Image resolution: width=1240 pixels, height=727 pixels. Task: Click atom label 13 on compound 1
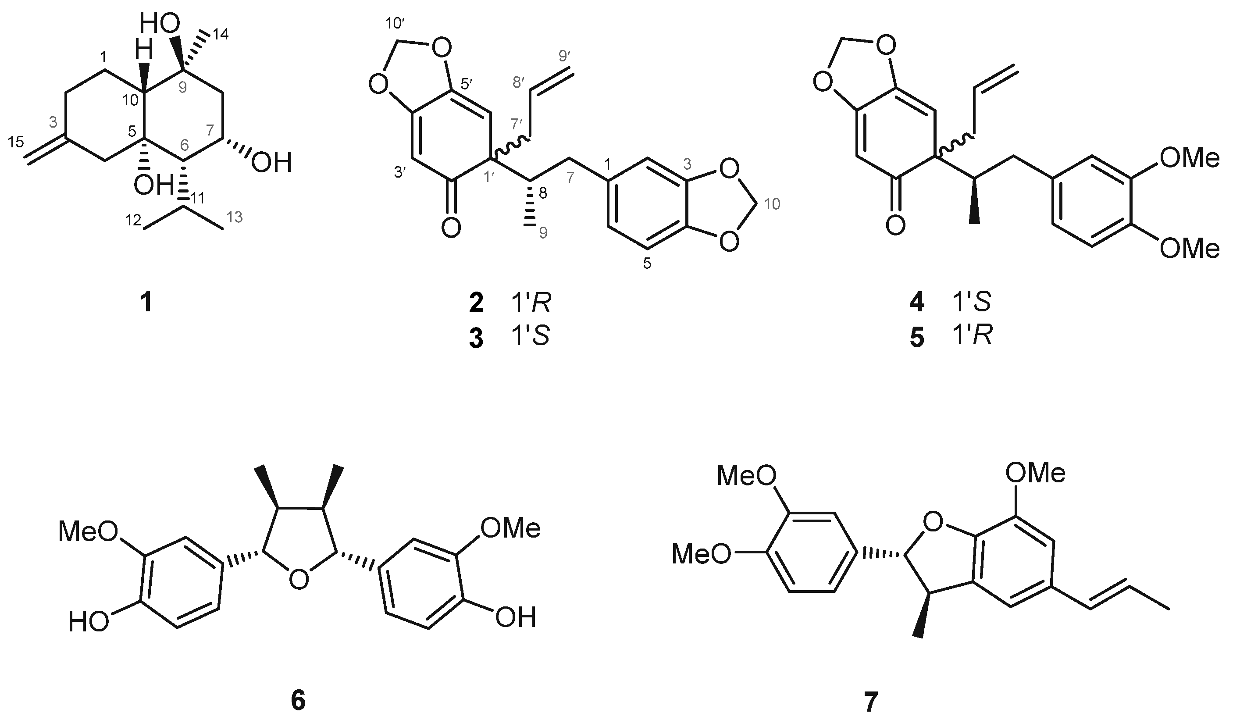[x=235, y=217]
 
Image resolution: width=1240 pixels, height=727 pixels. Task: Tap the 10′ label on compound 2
[x=395, y=24]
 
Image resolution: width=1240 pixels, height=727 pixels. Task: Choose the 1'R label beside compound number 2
[x=531, y=304]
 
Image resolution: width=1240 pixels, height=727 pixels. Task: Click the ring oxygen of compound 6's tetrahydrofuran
[x=298, y=578]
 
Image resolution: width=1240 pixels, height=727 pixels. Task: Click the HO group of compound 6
[x=89, y=622]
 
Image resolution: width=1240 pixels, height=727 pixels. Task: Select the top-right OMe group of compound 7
[x=1035, y=473]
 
